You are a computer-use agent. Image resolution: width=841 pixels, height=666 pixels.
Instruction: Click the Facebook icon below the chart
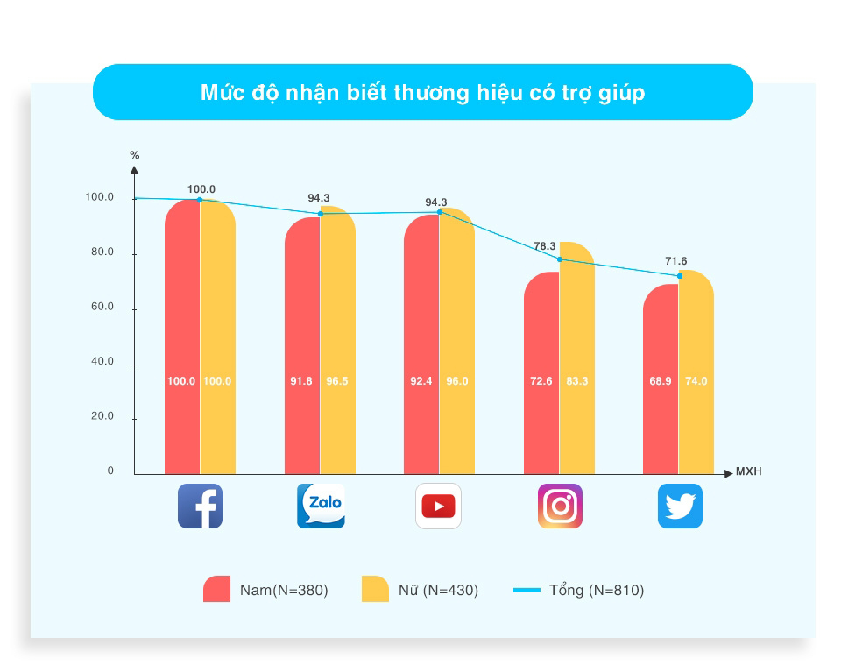[200, 507]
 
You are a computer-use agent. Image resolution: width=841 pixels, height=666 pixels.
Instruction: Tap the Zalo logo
[321, 507]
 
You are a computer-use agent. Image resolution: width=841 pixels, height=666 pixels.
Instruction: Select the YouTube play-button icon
[438, 507]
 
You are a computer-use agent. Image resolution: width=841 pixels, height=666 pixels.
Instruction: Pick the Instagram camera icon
[560, 507]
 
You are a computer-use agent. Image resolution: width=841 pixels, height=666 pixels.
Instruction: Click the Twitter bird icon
[680, 507]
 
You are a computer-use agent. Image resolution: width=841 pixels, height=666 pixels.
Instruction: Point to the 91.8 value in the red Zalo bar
[300, 381]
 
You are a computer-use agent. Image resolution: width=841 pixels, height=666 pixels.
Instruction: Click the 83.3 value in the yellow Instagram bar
[577, 381]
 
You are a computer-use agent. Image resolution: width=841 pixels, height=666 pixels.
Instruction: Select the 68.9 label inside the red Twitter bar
[661, 381]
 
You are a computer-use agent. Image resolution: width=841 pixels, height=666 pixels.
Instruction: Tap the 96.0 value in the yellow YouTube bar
[457, 381]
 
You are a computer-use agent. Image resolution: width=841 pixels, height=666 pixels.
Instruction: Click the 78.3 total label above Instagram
[544, 245]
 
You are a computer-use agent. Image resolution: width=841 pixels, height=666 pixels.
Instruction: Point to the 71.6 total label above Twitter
[675, 261]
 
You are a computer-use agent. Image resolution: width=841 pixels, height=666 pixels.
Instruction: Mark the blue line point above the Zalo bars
[321, 214]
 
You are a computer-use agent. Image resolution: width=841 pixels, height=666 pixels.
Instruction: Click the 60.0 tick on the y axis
[102, 307]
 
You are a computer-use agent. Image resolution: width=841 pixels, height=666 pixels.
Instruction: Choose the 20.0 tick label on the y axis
[102, 416]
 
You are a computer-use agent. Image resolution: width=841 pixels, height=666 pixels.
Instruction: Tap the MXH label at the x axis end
[749, 471]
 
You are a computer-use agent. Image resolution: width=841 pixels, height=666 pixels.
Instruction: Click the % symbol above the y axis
[135, 155]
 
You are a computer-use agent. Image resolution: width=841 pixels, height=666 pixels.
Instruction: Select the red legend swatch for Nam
[216, 589]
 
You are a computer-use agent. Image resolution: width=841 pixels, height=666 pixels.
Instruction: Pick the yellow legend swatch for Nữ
[376, 589]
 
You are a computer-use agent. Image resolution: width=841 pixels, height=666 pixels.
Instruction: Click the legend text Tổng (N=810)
[597, 591]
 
